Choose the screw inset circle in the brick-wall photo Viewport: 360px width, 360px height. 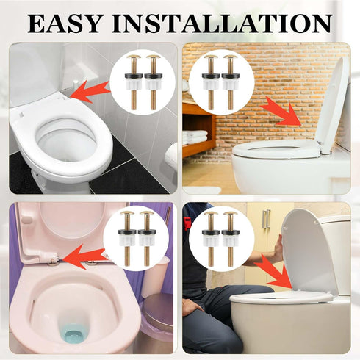click(x=221, y=81)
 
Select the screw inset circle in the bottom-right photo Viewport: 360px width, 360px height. click(x=221, y=238)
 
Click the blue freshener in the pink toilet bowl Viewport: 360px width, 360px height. click(x=73, y=335)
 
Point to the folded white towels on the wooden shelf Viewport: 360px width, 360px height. click(x=195, y=137)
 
